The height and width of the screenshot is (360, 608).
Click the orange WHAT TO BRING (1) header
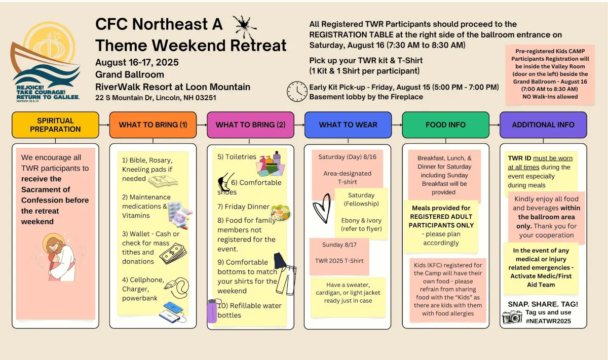coord(153,125)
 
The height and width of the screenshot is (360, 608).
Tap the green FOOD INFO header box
coord(445,125)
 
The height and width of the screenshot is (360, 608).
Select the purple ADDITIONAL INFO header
coord(543,125)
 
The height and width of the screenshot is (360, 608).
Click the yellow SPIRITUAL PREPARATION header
coord(55,125)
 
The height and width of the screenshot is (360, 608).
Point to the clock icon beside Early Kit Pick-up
coord(297,92)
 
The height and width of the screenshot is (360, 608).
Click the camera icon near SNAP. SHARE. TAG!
coord(512,317)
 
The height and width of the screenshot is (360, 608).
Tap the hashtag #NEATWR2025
coord(548,321)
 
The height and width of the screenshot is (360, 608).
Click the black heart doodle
coord(322,208)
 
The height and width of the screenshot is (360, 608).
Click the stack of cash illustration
coord(173,253)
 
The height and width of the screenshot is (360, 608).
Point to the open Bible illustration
coord(163,181)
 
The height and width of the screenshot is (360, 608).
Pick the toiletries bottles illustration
coord(271,164)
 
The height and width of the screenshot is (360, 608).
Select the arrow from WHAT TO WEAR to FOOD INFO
coord(397,125)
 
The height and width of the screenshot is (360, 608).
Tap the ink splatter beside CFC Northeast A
coord(245,27)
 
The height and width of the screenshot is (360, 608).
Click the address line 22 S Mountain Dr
coord(156,98)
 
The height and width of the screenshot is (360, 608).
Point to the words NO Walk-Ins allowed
coord(550,97)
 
